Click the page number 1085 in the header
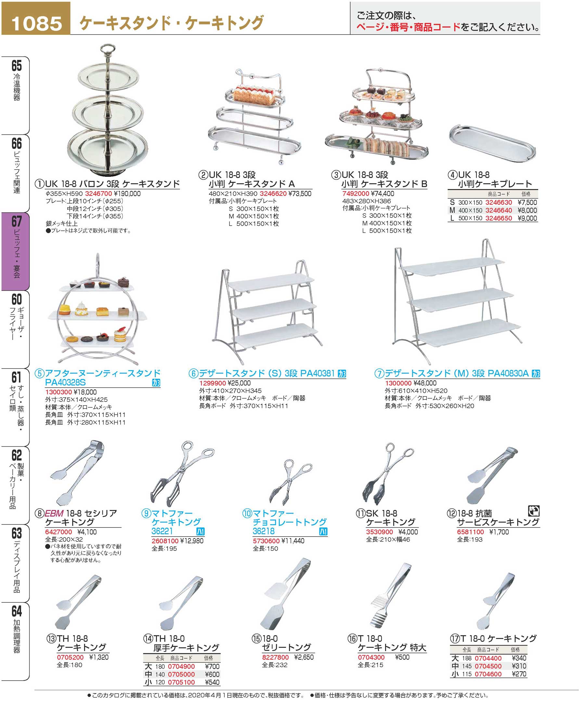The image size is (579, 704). pyautogui.click(x=36, y=23)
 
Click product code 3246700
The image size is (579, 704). pyautogui.click(x=98, y=193)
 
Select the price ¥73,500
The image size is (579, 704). pyautogui.click(x=300, y=193)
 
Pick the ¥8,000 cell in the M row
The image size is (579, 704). pyautogui.click(x=527, y=210)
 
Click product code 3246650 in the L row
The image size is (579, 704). pyautogui.click(x=498, y=218)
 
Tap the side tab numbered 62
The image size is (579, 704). pyautogui.click(x=16, y=484)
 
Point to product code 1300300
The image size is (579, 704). pyautogui.click(x=58, y=392)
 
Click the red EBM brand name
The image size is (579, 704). pyautogui.click(x=54, y=513)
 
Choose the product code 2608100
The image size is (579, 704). pyautogui.click(x=165, y=541)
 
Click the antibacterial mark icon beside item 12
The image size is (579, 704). pyautogui.click(x=534, y=511)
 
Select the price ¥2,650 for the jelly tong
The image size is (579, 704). pyautogui.click(x=304, y=657)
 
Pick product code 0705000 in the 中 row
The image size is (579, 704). pyautogui.click(x=181, y=674)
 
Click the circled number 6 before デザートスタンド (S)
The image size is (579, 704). pyautogui.click(x=193, y=373)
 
